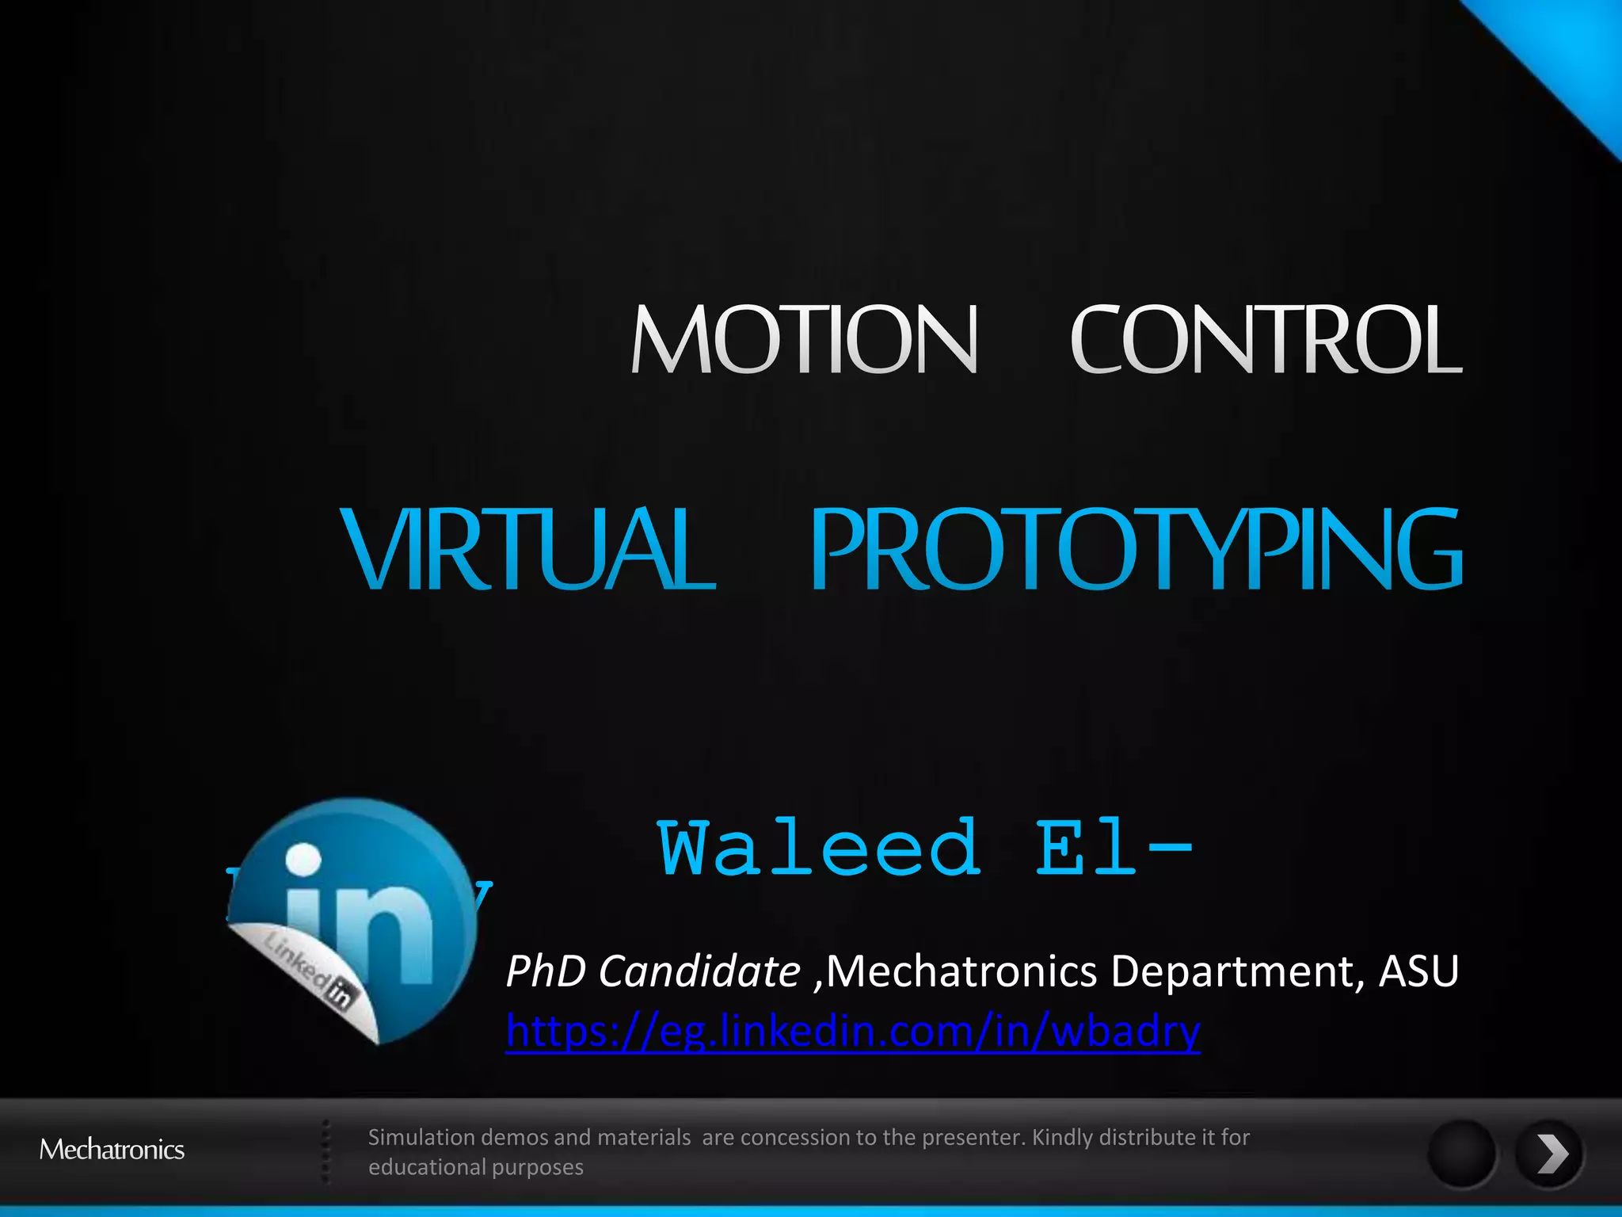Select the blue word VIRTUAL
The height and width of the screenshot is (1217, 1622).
[528, 549]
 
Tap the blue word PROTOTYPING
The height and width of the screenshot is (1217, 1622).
[1136, 549]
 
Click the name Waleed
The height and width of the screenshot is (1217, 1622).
[819, 849]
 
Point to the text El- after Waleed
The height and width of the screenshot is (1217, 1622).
[1113, 849]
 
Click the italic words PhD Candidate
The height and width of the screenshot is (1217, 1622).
[653, 971]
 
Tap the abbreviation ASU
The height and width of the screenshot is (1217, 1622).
[1418, 971]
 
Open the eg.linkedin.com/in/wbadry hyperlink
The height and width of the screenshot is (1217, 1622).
[853, 1032]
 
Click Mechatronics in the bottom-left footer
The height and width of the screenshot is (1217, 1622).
[112, 1150]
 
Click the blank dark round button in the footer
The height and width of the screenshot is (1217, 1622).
[1461, 1154]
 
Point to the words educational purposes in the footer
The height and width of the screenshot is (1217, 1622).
[475, 1168]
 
